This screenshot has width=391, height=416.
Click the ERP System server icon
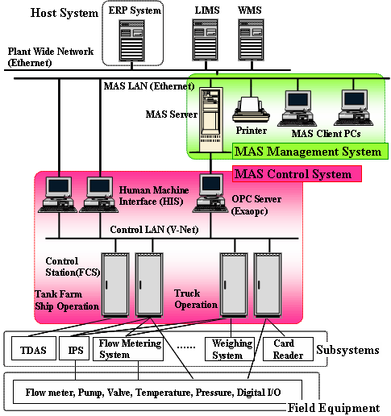point(132,40)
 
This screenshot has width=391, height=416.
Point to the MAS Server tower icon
point(211,111)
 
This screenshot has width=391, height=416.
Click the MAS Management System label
point(306,152)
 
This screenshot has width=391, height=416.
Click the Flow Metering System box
point(130,348)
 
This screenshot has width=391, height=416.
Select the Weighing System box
point(227,349)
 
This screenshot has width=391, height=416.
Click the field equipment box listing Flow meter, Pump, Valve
point(158,391)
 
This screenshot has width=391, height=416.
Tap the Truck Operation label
point(196,299)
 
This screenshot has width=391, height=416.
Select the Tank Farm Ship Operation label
point(66,299)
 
